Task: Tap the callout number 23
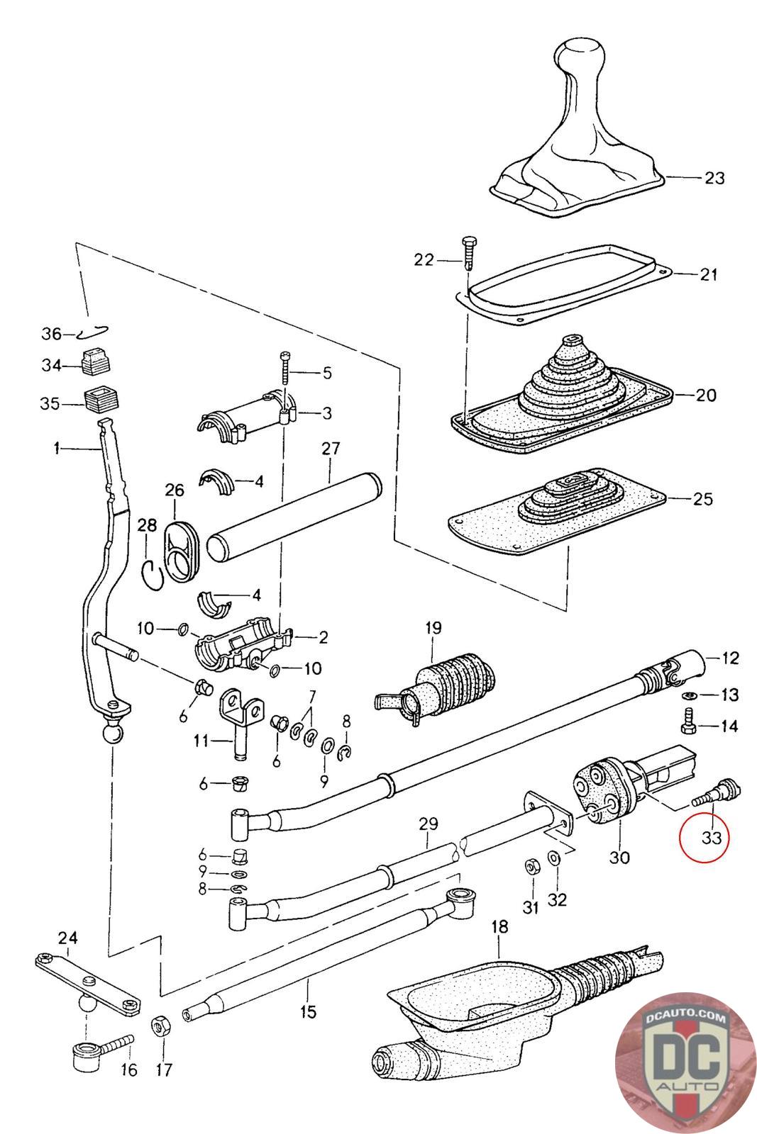pyautogui.click(x=714, y=177)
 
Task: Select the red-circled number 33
pyautogui.click(x=712, y=837)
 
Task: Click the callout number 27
pyautogui.click(x=331, y=449)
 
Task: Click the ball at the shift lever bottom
pyautogui.click(x=112, y=731)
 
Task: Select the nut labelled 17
pyautogui.click(x=160, y=1026)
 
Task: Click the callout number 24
pyautogui.click(x=67, y=938)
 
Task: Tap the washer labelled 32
pyautogui.click(x=555, y=858)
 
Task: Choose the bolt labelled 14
pyautogui.click(x=687, y=725)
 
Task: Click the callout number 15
pyautogui.click(x=308, y=1011)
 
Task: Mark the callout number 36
pyautogui.click(x=52, y=334)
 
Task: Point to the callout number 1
pyautogui.click(x=56, y=448)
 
